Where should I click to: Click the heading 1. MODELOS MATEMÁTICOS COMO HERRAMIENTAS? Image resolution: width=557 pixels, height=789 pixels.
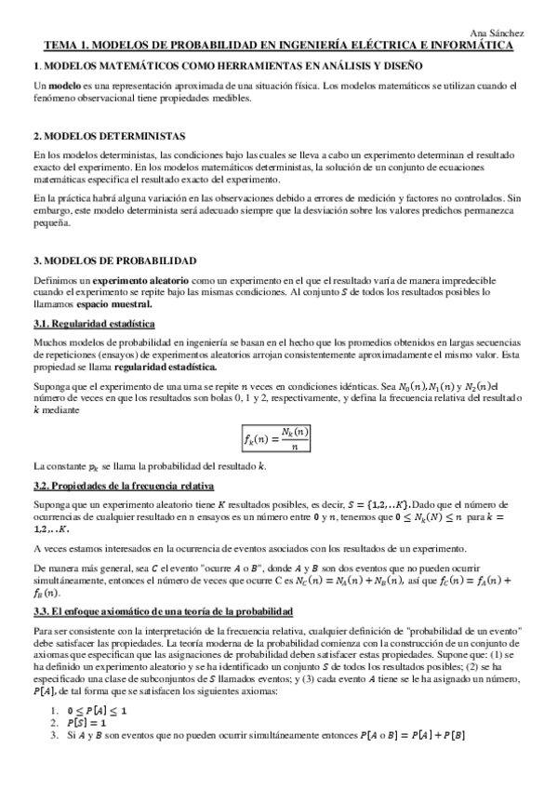pos(228,66)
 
